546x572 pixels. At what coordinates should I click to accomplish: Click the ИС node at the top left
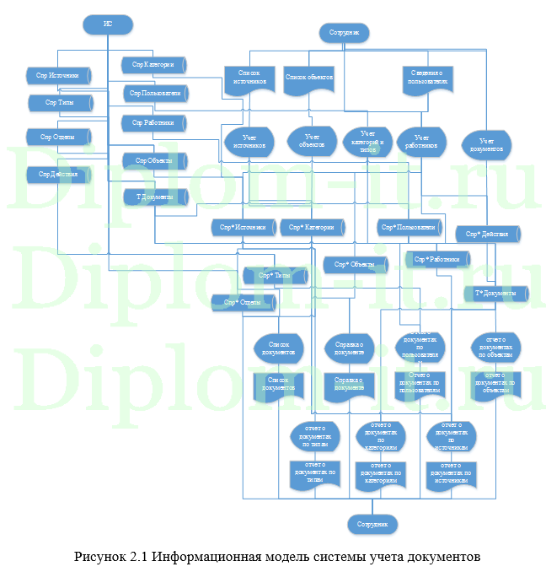point(108,24)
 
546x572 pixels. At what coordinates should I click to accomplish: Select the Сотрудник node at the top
point(344,33)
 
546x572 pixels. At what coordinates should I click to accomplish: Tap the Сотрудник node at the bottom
point(372,524)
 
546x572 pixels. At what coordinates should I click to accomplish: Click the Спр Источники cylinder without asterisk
point(58,76)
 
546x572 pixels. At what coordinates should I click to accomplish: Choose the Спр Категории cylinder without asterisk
point(153,65)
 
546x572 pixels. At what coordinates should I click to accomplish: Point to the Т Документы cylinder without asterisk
point(155,197)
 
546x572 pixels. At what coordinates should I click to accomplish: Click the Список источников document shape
point(248,78)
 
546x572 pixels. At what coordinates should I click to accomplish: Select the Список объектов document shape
point(310,78)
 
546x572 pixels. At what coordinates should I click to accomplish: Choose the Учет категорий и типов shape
point(367,139)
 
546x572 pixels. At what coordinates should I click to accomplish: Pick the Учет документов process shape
point(485,145)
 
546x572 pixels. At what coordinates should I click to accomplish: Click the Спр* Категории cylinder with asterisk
point(313,228)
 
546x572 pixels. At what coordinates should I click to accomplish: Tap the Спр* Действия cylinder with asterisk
point(488,234)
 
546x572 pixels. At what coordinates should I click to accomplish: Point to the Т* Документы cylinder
point(495,294)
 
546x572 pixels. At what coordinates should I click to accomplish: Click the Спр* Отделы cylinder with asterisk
point(244,302)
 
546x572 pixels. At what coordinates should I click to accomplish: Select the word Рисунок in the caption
point(99,558)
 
